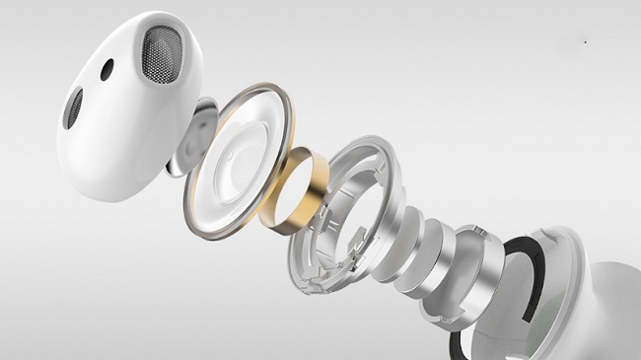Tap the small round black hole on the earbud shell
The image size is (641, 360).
(x=107, y=68)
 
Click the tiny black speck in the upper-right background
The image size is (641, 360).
(x=586, y=42)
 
